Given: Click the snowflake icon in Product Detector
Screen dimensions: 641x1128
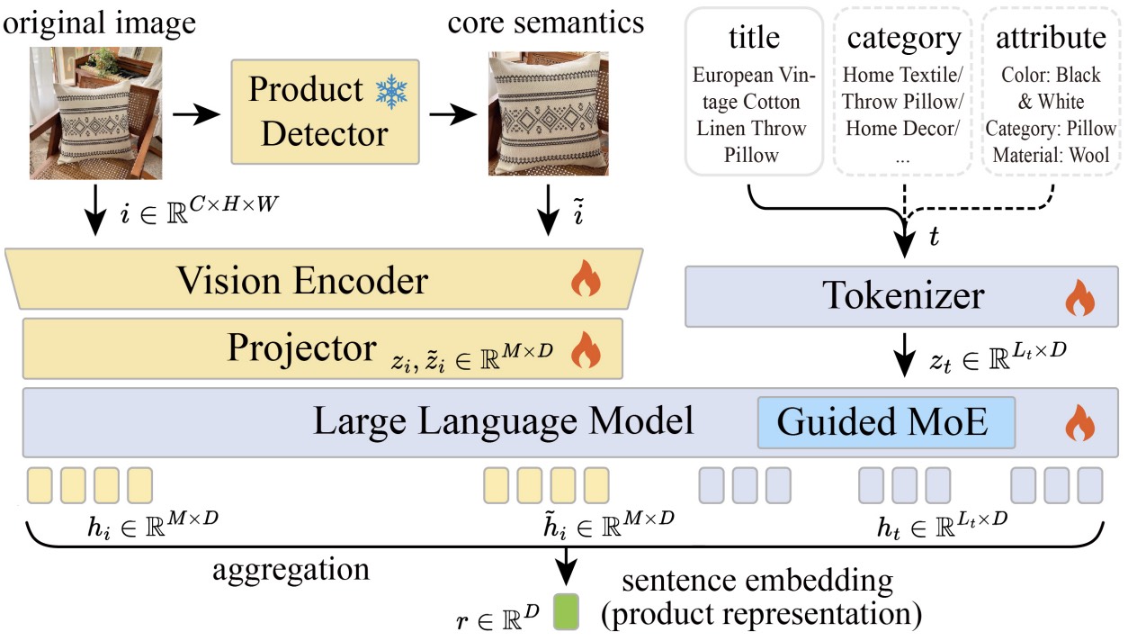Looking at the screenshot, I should click(x=391, y=92).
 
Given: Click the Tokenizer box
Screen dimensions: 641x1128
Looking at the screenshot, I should click(x=901, y=296).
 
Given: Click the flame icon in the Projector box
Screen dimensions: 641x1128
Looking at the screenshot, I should click(x=586, y=348).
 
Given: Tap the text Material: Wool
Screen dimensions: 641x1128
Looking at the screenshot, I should click(x=1050, y=154).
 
